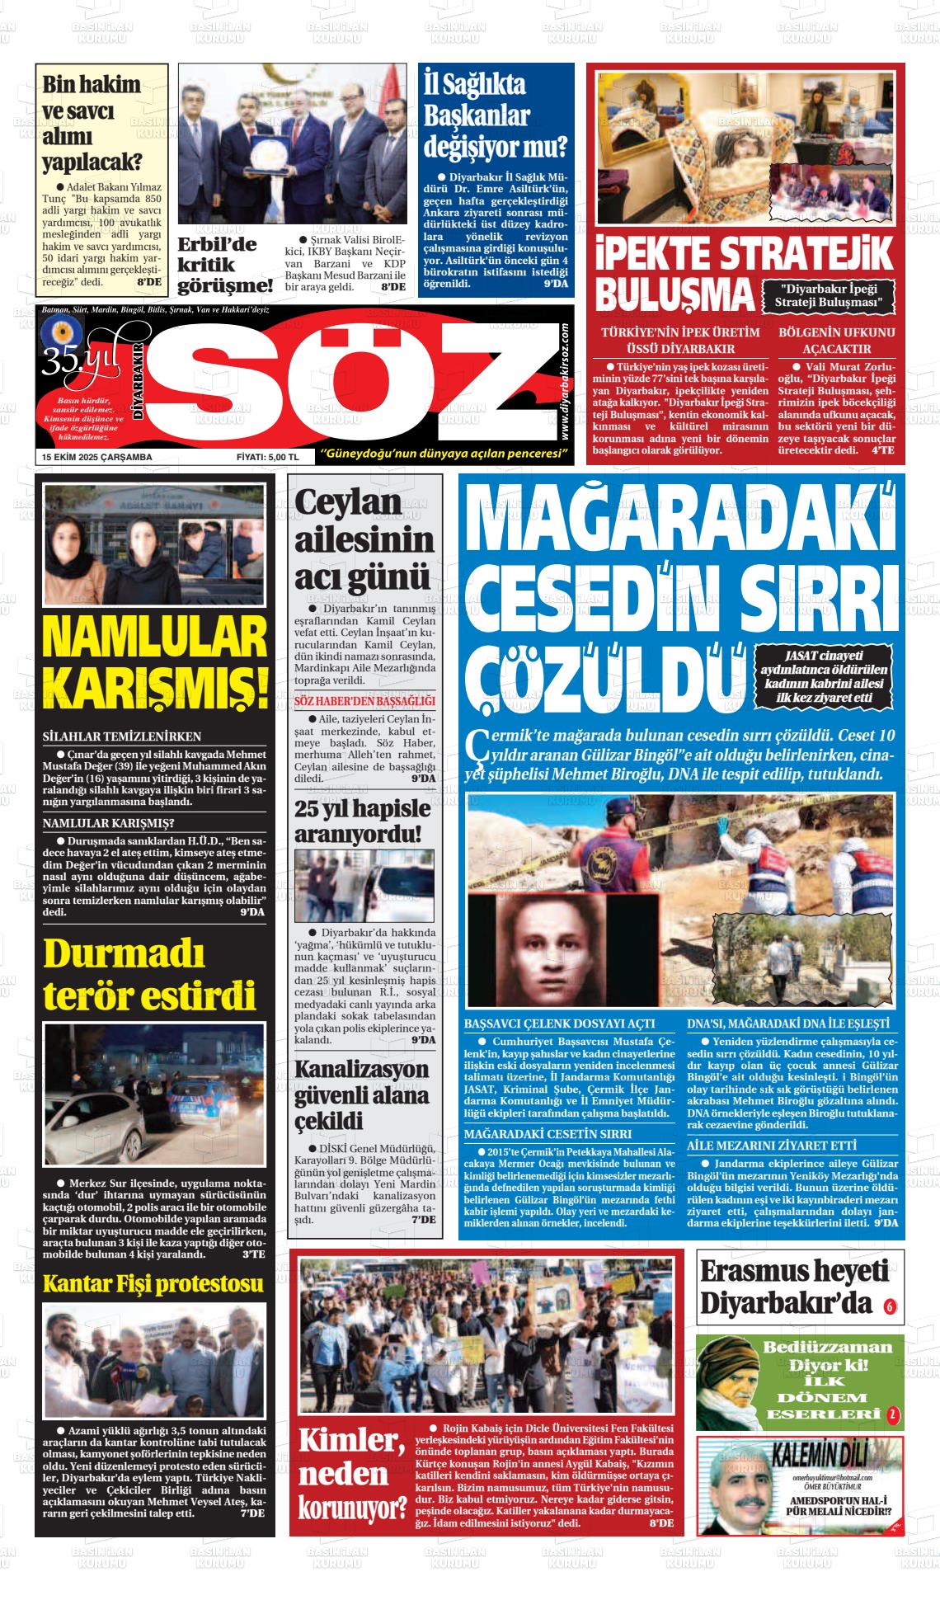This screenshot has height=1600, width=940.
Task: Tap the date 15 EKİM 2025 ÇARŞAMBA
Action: (97, 457)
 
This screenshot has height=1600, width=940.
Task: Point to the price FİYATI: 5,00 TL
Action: (266, 457)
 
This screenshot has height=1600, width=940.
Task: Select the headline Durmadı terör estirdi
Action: (149, 974)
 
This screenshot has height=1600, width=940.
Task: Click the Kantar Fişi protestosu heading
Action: (153, 1283)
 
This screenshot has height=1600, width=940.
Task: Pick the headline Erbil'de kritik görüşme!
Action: (224, 265)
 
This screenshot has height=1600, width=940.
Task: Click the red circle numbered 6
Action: (889, 1306)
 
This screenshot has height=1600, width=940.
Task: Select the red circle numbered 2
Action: (891, 1416)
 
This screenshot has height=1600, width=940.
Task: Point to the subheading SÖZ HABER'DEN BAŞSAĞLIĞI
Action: (365, 701)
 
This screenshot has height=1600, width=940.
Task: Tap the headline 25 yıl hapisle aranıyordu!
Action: (363, 820)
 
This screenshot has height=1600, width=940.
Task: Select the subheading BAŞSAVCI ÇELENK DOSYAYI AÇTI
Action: (560, 1023)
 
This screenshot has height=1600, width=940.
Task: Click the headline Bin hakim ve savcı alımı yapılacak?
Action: (92, 123)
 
